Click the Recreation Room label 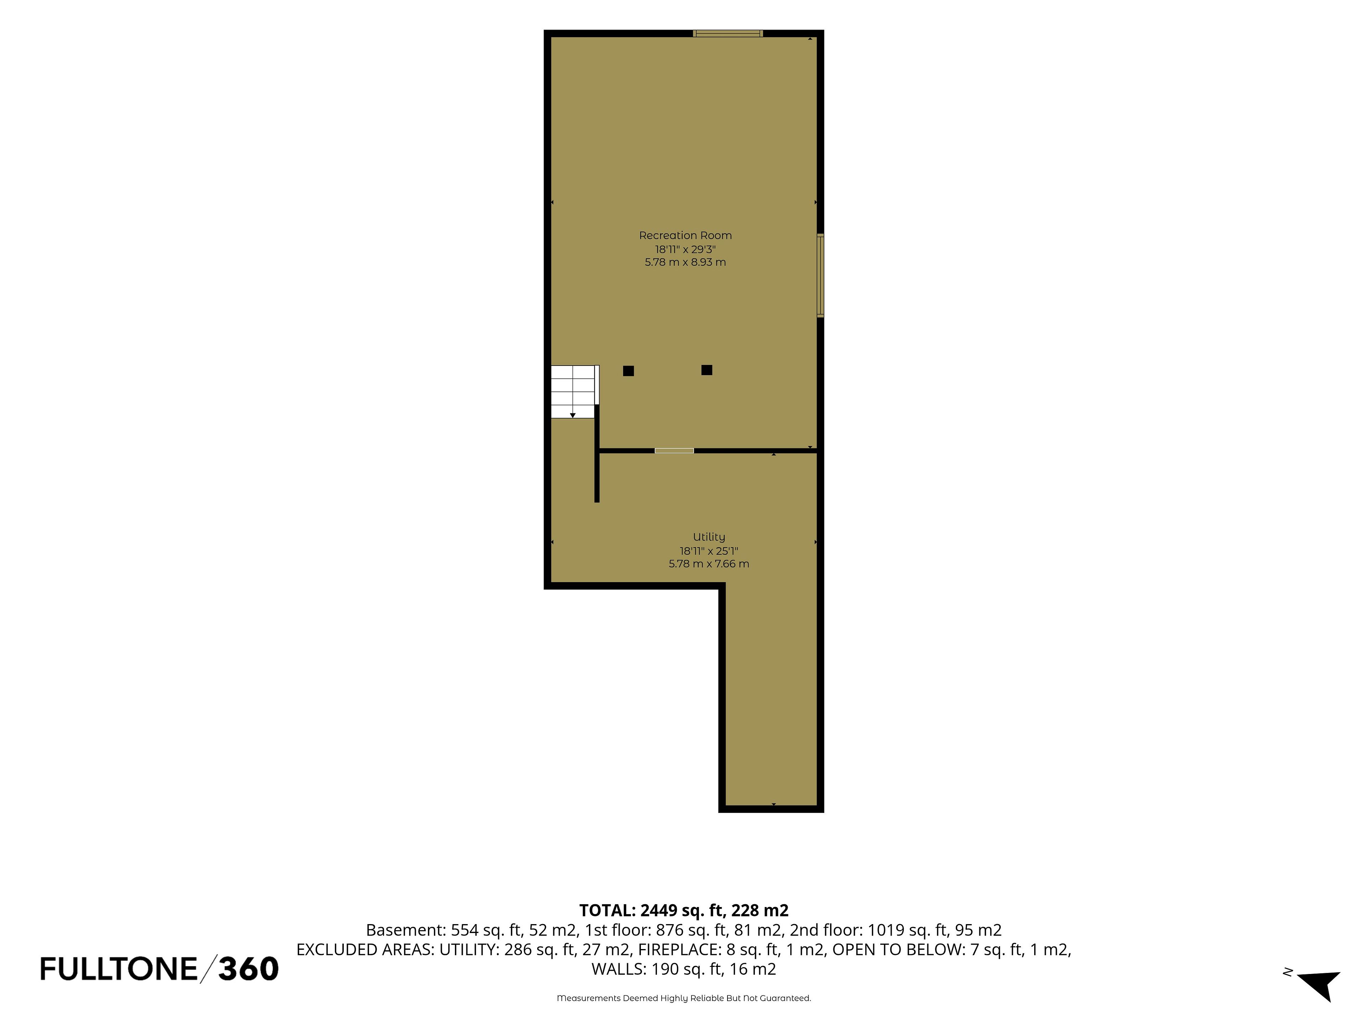[x=685, y=235]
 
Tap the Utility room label [x=709, y=537]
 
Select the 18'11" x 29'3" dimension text [x=685, y=249]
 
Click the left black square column [x=628, y=371]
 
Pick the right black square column [x=707, y=370]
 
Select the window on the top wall [x=728, y=33]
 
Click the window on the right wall [x=821, y=276]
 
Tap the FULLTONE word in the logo [x=119, y=969]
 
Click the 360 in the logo [x=248, y=969]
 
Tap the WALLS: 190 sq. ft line [x=684, y=969]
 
